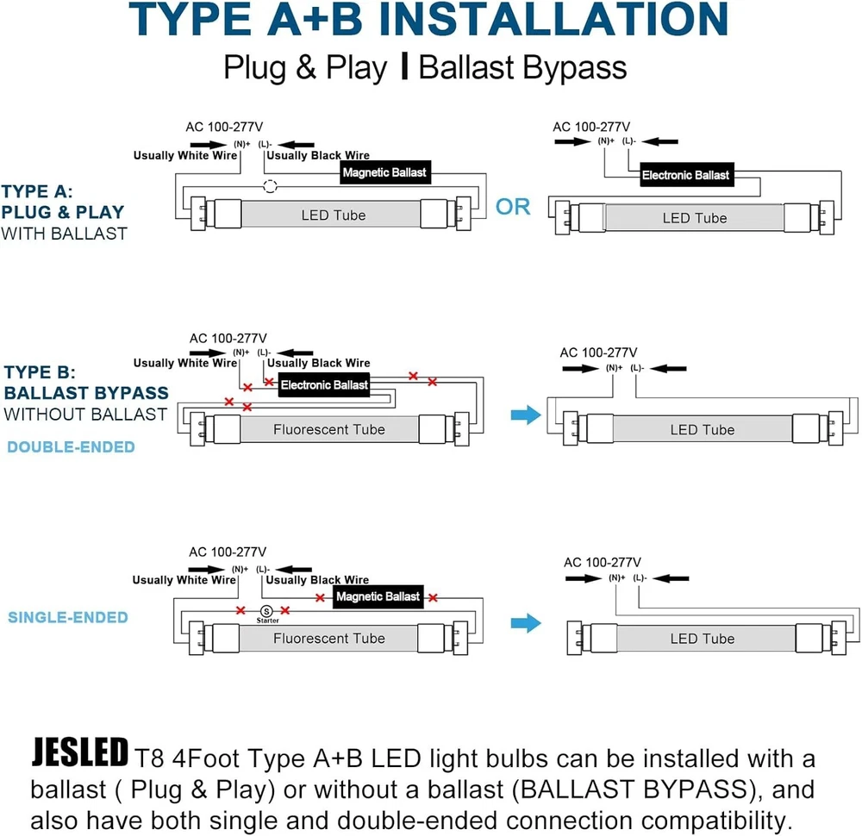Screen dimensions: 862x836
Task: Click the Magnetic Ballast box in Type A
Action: tap(384, 172)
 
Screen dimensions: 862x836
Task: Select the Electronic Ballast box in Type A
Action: tap(687, 175)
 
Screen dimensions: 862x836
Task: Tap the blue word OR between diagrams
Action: tap(513, 207)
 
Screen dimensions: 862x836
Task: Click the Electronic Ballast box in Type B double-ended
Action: tap(324, 384)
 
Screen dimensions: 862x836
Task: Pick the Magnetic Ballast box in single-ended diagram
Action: tap(378, 596)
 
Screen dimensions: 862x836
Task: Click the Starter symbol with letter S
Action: tap(266, 611)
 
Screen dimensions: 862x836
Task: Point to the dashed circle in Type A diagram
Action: tap(270, 186)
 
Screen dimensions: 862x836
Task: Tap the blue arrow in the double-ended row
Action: tap(526, 415)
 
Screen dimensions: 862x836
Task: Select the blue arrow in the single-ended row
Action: tap(526, 623)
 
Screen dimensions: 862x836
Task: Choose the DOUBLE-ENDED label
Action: tap(71, 446)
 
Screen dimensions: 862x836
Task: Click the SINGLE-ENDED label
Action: tap(67, 617)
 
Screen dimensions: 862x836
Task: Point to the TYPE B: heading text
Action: tap(40, 372)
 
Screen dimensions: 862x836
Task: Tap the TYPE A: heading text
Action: tap(37, 191)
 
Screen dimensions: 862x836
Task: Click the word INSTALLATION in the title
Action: tap(553, 19)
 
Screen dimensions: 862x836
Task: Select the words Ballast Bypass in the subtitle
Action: tap(523, 67)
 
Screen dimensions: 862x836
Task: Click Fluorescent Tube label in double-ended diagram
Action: tap(329, 429)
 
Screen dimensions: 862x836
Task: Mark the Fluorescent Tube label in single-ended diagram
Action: tap(329, 638)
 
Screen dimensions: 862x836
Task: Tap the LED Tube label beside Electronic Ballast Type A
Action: tap(695, 218)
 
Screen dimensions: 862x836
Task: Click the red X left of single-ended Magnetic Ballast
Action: tap(320, 597)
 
